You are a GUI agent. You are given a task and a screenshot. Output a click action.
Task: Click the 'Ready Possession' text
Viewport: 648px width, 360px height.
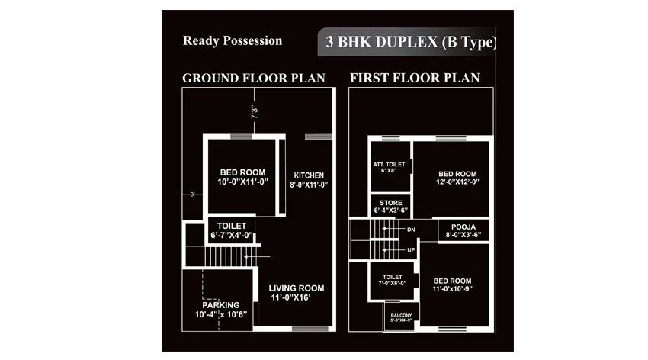coord(233,41)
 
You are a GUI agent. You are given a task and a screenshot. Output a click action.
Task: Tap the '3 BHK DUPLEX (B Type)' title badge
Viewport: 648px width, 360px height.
coord(409,43)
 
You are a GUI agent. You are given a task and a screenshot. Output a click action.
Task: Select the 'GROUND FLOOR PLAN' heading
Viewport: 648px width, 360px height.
coord(253,78)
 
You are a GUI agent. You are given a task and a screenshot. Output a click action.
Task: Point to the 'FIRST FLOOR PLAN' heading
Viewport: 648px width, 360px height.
coord(415,78)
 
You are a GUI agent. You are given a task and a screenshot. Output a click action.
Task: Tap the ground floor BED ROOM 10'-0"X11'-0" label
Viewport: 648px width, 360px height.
coord(242,177)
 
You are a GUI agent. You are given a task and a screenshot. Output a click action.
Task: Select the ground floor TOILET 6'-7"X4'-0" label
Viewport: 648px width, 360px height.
coord(232,231)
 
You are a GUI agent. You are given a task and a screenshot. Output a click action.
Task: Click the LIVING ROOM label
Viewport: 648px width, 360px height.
coord(297,293)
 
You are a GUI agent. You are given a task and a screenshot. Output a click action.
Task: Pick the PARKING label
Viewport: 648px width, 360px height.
coord(221,309)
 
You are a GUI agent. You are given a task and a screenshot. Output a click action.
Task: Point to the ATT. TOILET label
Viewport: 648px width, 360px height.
coord(389,167)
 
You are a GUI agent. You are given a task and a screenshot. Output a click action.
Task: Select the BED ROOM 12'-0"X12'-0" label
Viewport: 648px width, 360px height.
coord(457,178)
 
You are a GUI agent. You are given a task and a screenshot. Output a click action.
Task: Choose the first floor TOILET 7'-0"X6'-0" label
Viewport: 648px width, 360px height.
coord(392,280)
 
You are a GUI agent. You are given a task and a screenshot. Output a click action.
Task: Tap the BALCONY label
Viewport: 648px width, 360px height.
coord(401,318)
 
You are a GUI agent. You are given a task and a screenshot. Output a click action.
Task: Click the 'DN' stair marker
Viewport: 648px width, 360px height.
coord(412,229)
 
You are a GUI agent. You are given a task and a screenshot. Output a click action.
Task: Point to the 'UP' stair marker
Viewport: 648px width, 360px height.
coord(412,250)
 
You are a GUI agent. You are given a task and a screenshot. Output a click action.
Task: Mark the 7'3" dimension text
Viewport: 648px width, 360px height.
coord(255,112)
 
